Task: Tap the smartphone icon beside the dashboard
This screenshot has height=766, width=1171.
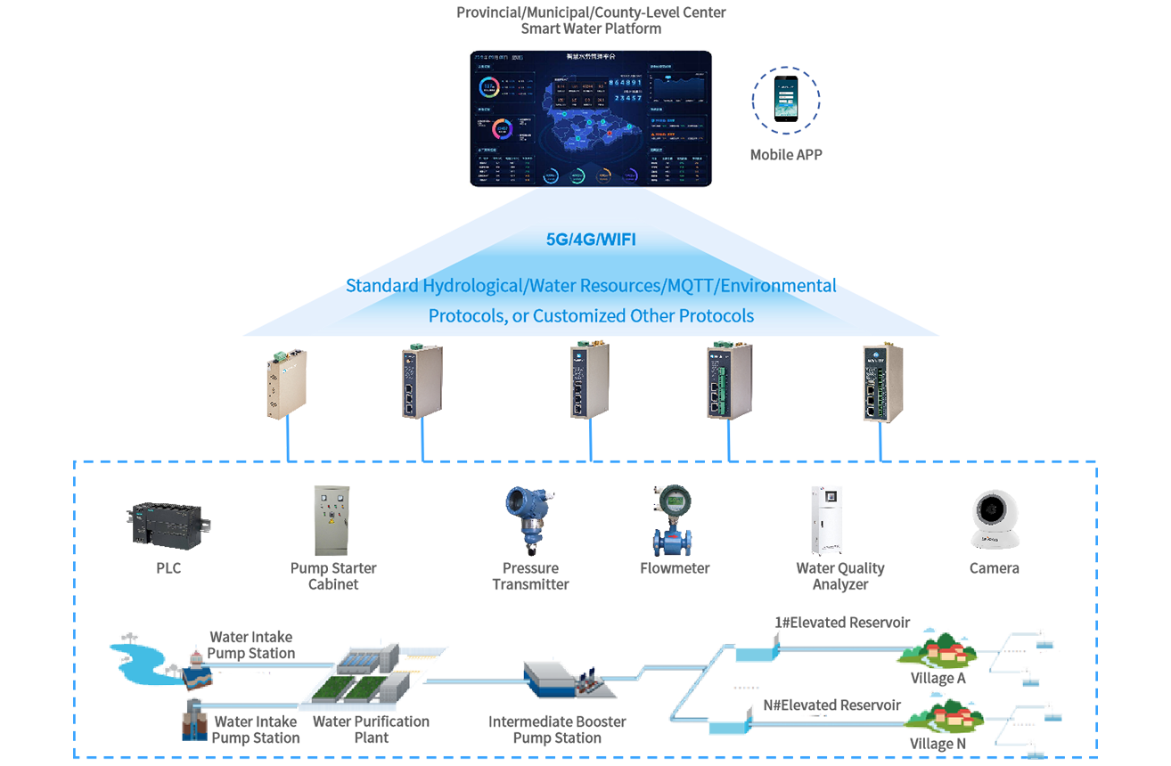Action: (x=787, y=98)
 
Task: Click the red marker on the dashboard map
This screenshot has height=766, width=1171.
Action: (x=609, y=135)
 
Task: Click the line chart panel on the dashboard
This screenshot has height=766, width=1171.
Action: (x=679, y=89)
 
